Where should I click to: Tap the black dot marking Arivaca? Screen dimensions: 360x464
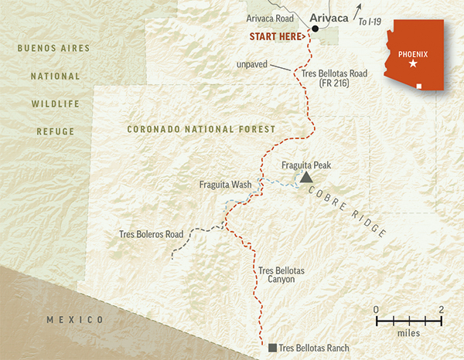pos(316,29)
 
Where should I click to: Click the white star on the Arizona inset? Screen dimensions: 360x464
pos(412,63)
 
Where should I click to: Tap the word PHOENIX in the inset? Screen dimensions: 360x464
pos(412,53)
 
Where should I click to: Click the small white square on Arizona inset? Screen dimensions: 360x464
pos(420,87)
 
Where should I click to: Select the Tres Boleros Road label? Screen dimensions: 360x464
pos(152,233)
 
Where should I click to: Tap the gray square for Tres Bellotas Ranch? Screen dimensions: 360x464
pos(272,348)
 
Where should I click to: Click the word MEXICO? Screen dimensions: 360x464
pos(74,320)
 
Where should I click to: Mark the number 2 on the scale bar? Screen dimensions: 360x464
pos(441,310)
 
